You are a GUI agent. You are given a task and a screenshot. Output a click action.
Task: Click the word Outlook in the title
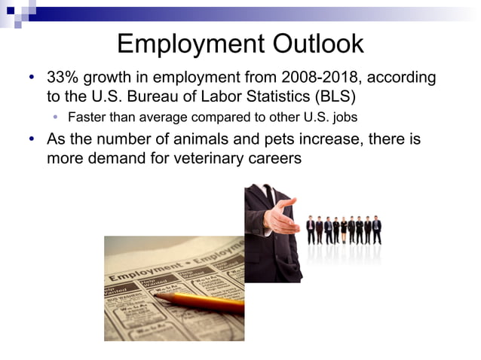coord(311,44)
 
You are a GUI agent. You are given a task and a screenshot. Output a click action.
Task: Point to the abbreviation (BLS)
coord(336,97)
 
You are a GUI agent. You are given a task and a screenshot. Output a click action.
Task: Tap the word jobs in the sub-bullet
coord(342,117)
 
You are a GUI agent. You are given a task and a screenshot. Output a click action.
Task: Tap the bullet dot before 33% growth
coord(32,78)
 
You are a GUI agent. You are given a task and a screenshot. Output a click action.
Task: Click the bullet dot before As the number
coord(32,139)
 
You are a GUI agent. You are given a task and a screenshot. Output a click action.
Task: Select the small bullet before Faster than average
coord(56,117)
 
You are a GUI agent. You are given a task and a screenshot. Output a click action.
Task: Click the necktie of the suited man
coord(269,200)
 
